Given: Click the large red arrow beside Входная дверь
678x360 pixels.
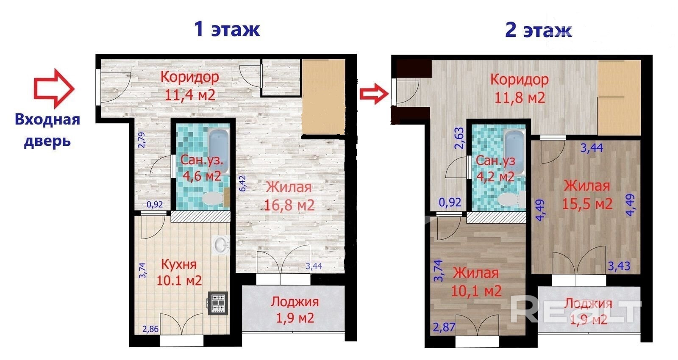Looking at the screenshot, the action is click(54, 89).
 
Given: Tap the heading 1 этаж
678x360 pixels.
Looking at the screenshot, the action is click(227, 29).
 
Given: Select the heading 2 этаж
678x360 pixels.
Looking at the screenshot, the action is click(539, 30).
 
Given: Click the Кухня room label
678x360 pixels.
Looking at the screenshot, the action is click(178, 264).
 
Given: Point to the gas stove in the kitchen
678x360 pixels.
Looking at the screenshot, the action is click(217, 303).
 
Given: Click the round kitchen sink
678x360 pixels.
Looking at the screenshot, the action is click(221, 244).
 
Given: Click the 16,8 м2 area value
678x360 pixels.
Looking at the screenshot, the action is click(289, 205).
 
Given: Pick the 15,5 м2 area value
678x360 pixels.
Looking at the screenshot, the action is click(587, 204).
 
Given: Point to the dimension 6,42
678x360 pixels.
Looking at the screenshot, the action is click(243, 183).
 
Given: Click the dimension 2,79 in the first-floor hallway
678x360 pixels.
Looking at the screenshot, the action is click(142, 140).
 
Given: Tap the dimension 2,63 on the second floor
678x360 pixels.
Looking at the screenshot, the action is click(459, 138).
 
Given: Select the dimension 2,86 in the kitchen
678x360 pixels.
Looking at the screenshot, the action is click(150, 329).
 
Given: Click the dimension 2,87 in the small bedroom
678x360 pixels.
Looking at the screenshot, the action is click(444, 327).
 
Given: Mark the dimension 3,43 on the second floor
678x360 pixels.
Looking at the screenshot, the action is click(619, 266).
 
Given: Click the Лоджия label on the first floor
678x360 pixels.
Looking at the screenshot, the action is click(295, 302).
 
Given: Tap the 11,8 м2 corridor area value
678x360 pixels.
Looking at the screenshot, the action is click(520, 97).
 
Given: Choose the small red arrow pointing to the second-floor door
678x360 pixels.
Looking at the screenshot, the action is click(374, 94).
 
